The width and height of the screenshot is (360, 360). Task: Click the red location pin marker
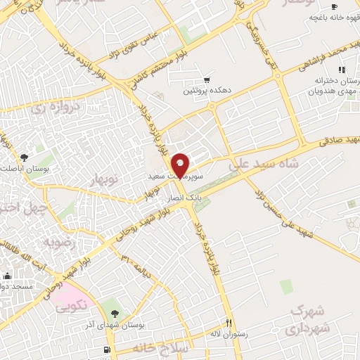pyautogui.click(x=181, y=165)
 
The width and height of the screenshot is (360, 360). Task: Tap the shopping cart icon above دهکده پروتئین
pyautogui.click(x=207, y=80)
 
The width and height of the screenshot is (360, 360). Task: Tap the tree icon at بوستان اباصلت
pyautogui.click(x=25, y=157)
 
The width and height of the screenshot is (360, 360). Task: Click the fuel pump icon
pyautogui.click(x=106, y=349)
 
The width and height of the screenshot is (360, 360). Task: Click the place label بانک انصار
pyautogui.click(x=185, y=199)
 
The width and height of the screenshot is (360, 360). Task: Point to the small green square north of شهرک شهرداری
pyautogui.click(x=285, y=286)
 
